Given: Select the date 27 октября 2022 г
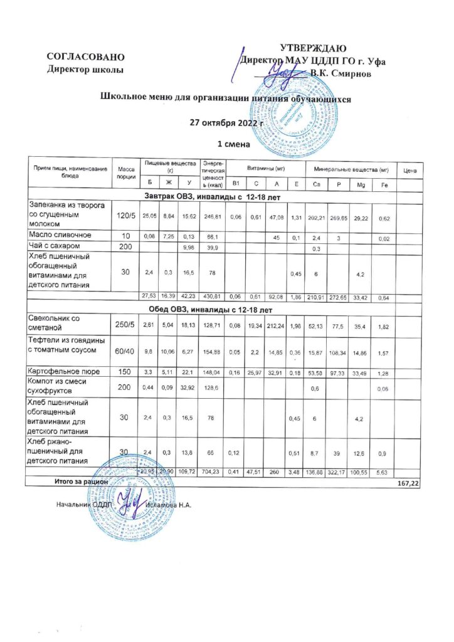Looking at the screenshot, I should pos(230,122).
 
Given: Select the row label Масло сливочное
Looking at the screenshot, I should pos(60,234).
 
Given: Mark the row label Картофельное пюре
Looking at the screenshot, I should pos(64,372).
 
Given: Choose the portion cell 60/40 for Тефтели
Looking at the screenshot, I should pos(124,353).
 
